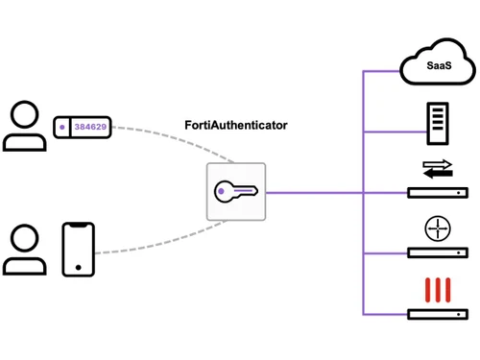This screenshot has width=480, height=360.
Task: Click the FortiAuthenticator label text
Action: point(236,126)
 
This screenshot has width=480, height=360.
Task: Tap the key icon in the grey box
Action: point(236,192)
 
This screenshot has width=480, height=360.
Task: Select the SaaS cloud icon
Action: point(437,66)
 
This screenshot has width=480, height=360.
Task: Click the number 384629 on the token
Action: point(92,126)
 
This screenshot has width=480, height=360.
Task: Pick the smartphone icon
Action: point(81,250)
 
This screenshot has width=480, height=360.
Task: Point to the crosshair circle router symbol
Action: point(437,229)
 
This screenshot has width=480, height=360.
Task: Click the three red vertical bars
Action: point(437,289)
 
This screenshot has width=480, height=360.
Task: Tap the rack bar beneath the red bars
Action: point(437,314)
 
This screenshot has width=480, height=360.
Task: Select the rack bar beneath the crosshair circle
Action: point(437,253)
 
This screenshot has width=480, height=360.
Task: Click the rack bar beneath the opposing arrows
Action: point(437,193)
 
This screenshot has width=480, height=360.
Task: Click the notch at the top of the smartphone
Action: point(81,226)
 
